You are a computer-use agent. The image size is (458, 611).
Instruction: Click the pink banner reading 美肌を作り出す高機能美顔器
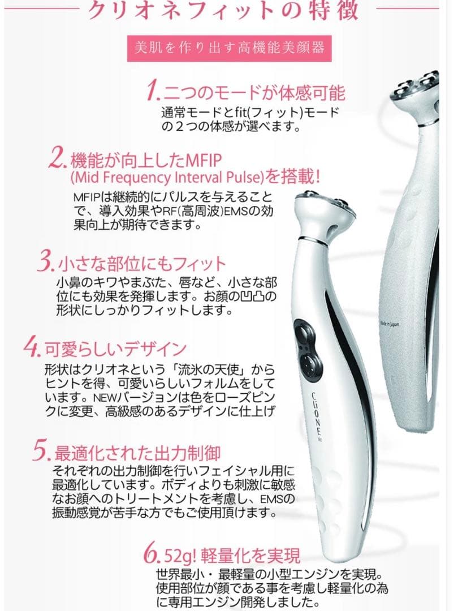(228, 48)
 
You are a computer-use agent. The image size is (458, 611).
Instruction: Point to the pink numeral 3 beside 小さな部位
(46, 264)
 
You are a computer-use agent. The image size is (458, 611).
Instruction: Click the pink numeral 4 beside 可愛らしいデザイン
(31, 346)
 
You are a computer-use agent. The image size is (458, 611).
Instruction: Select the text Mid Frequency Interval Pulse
(167, 177)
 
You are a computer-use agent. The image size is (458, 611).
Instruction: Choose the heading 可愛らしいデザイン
(115, 347)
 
